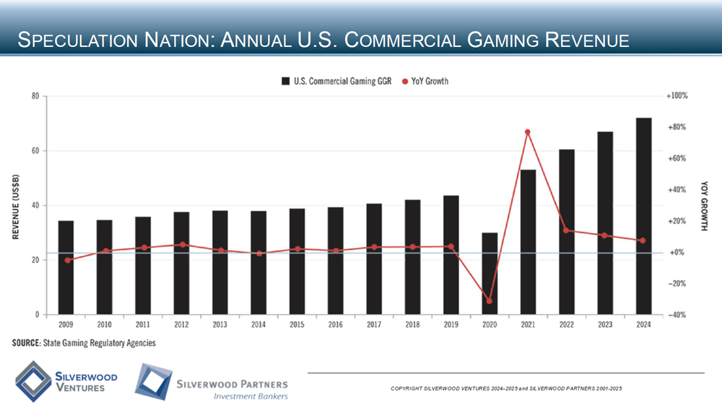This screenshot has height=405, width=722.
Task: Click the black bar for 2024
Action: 643,216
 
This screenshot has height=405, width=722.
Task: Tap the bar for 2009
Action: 66,268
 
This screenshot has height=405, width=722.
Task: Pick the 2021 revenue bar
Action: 528,242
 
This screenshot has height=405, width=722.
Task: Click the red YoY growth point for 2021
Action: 528,132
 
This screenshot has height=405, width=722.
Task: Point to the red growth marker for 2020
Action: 490,301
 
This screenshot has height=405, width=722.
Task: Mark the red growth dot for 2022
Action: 566,231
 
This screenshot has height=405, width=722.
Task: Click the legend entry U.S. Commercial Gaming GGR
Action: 336,81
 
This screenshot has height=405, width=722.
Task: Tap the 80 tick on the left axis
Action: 34,95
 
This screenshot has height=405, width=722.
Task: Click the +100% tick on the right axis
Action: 677,95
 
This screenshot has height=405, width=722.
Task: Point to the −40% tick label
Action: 675,315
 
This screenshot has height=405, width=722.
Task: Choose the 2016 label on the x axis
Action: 335,325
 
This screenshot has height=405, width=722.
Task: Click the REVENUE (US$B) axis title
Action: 15,206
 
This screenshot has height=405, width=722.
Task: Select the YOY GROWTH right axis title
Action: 704,206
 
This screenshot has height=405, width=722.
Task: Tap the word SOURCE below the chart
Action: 27,343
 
